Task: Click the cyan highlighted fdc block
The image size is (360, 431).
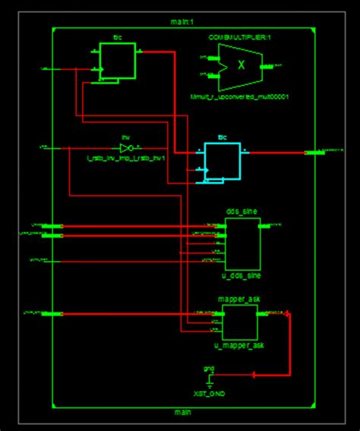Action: click(221, 161)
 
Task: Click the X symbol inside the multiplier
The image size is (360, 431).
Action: click(242, 65)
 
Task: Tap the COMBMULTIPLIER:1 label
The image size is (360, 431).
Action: click(240, 36)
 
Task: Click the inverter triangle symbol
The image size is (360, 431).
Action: click(128, 147)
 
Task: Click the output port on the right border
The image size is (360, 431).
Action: click(313, 153)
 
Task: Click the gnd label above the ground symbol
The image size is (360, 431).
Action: click(209, 368)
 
